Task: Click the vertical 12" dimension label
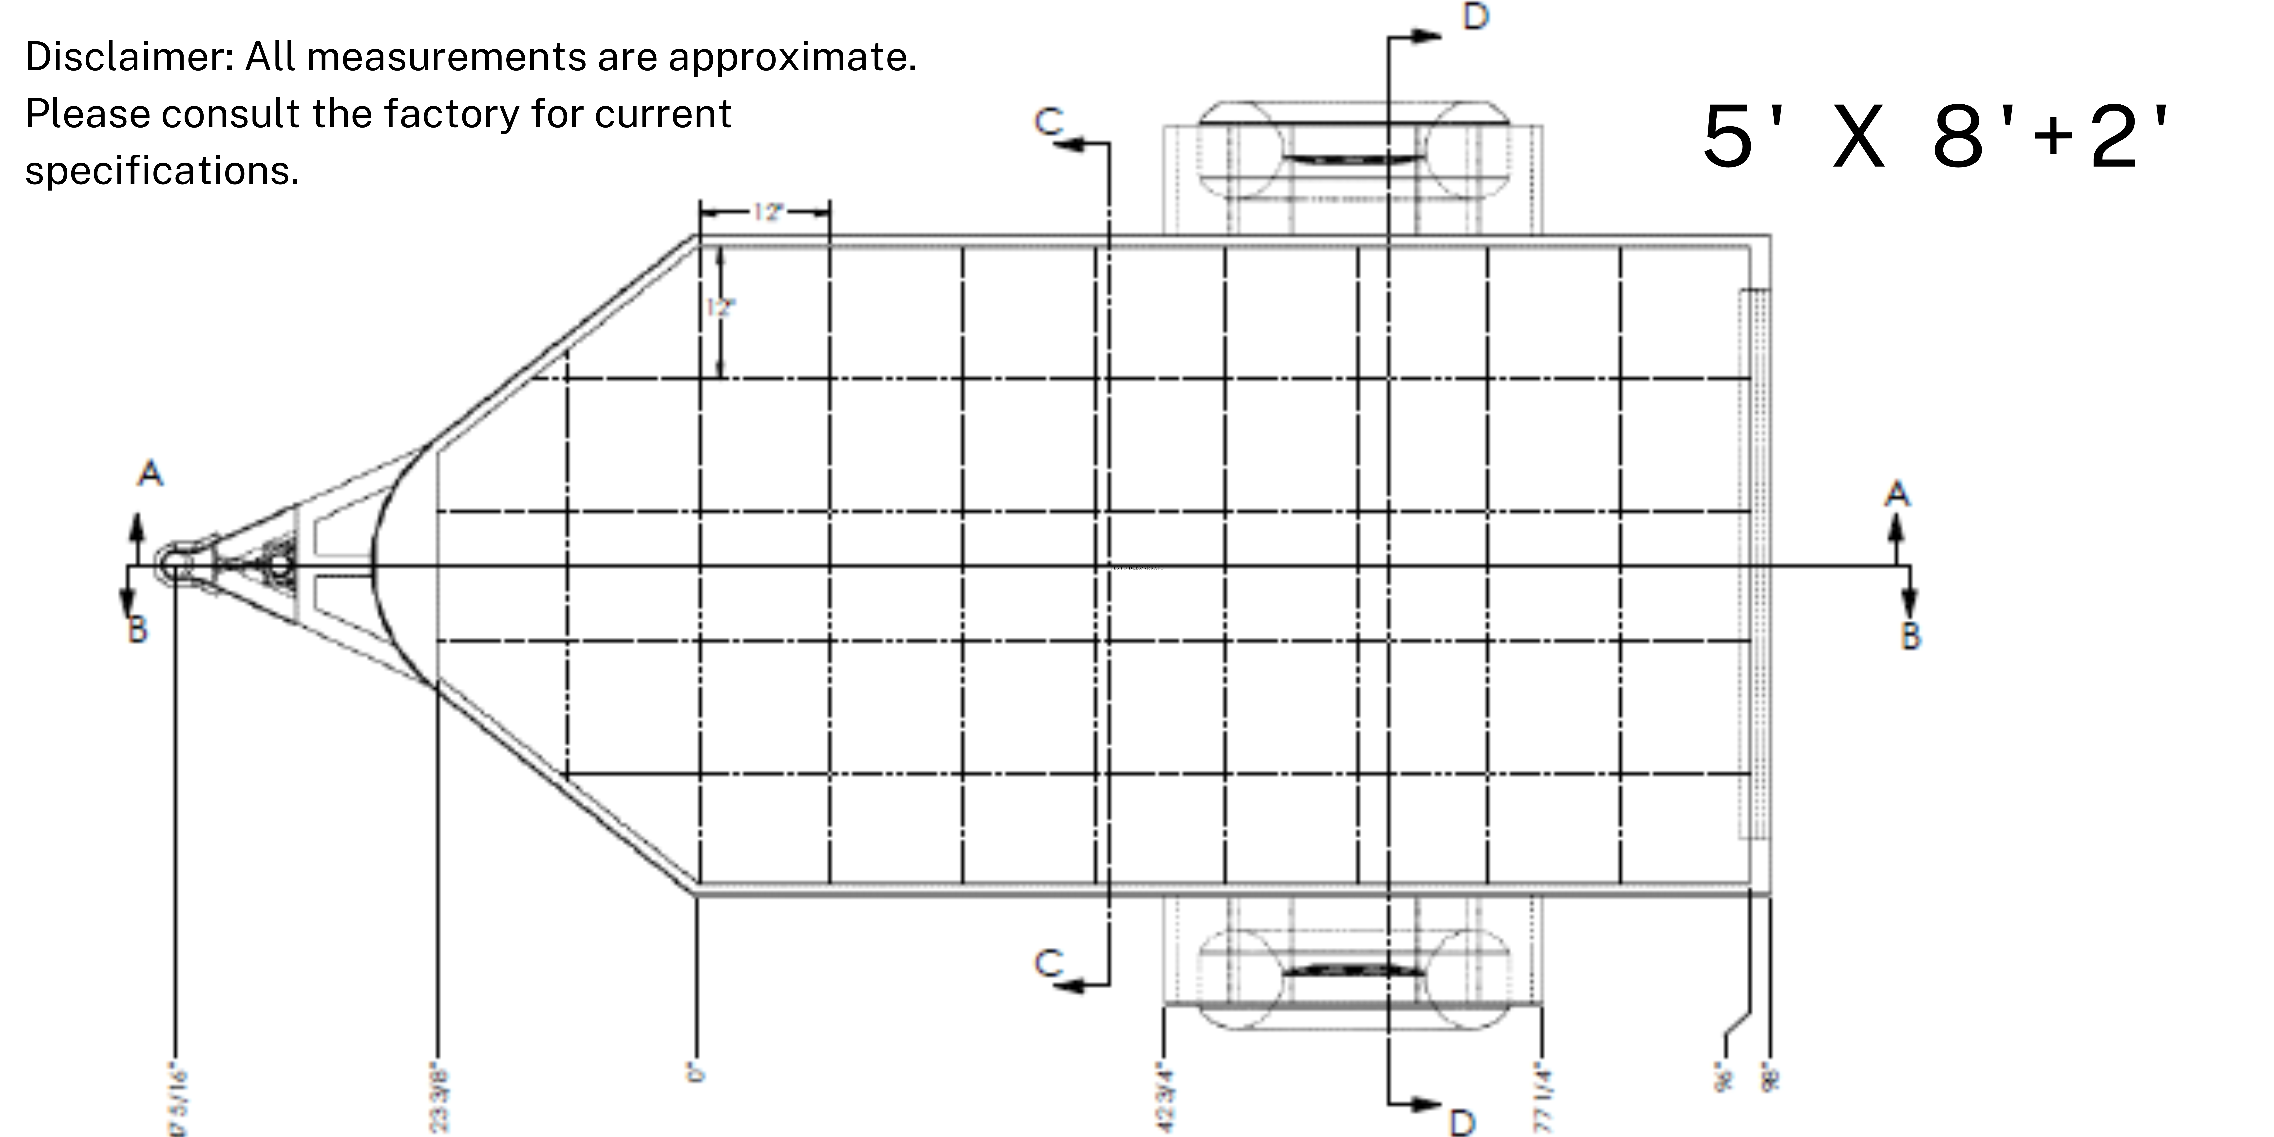[720, 307]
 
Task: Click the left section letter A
[150, 474]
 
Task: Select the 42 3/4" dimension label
[1164, 1099]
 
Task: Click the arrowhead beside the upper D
[1423, 36]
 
